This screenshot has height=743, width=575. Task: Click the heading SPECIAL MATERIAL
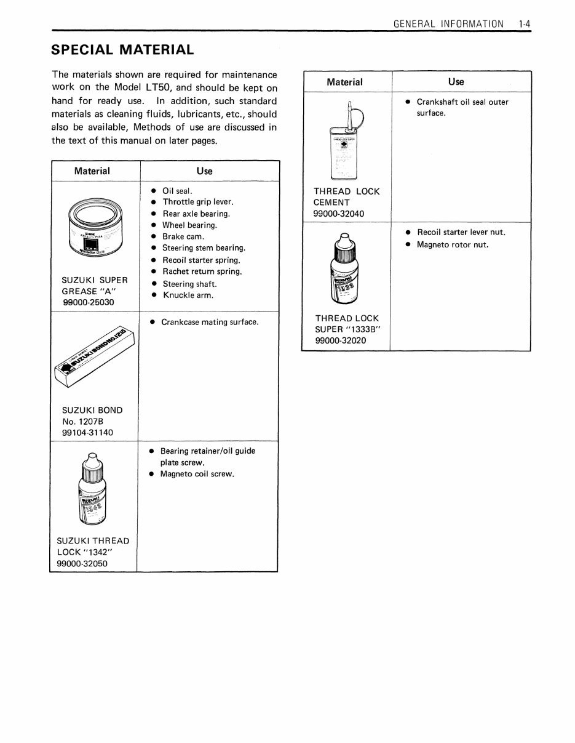pyautogui.click(x=122, y=49)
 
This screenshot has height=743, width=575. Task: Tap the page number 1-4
pyautogui.click(x=525, y=24)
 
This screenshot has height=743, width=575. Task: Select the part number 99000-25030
pyautogui.click(x=88, y=302)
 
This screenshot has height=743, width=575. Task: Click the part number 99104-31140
pyautogui.click(x=87, y=433)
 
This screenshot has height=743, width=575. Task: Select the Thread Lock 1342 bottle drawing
pyautogui.click(x=91, y=490)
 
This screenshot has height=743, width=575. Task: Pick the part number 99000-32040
pyautogui.click(x=338, y=214)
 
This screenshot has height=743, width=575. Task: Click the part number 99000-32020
pyautogui.click(x=340, y=340)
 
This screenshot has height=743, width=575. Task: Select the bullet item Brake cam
pyautogui.click(x=183, y=236)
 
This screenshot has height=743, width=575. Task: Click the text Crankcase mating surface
pyautogui.click(x=209, y=322)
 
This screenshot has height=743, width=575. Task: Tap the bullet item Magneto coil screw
pyautogui.click(x=197, y=474)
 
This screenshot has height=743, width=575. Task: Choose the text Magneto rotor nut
pyautogui.click(x=452, y=244)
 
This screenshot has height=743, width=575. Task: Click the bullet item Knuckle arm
pyautogui.click(x=188, y=295)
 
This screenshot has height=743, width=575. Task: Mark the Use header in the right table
pyautogui.click(x=456, y=81)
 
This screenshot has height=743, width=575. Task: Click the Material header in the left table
pyautogui.click(x=92, y=171)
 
